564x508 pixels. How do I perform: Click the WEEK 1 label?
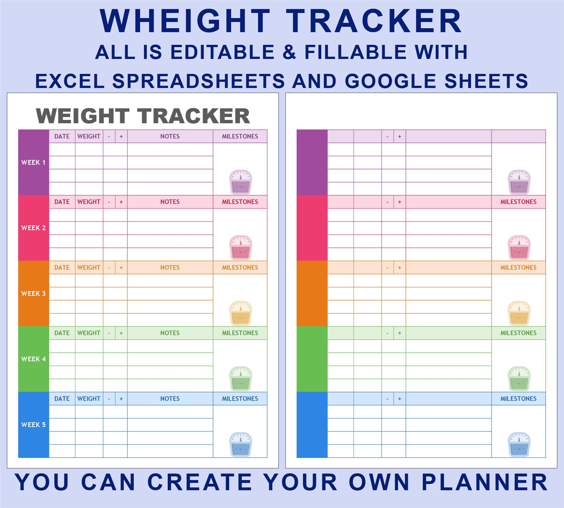coord(33,162)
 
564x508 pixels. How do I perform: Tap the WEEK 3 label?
coord(33,294)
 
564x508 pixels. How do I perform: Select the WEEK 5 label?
coord(33,425)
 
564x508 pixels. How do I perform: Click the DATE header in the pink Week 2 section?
coord(62,202)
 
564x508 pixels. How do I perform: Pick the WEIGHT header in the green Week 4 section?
coord(89,333)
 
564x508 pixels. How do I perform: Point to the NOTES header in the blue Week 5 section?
coord(170,399)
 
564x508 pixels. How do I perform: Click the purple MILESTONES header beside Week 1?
coord(240,137)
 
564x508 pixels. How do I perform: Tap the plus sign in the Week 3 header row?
coord(121,268)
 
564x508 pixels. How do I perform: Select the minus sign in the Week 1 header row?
coord(109,137)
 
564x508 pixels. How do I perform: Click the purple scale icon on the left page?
coord(240,182)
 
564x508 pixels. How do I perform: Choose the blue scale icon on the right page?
coord(519,444)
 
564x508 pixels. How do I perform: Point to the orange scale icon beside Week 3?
coord(240,313)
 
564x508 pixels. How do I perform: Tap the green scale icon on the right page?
coord(519,379)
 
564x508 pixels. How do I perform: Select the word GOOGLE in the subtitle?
coord(391,81)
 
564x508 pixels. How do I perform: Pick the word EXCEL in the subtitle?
coord(70,81)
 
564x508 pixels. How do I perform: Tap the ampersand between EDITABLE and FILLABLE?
coord(289,52)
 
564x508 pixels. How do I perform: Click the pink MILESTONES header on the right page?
coord(518,202)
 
